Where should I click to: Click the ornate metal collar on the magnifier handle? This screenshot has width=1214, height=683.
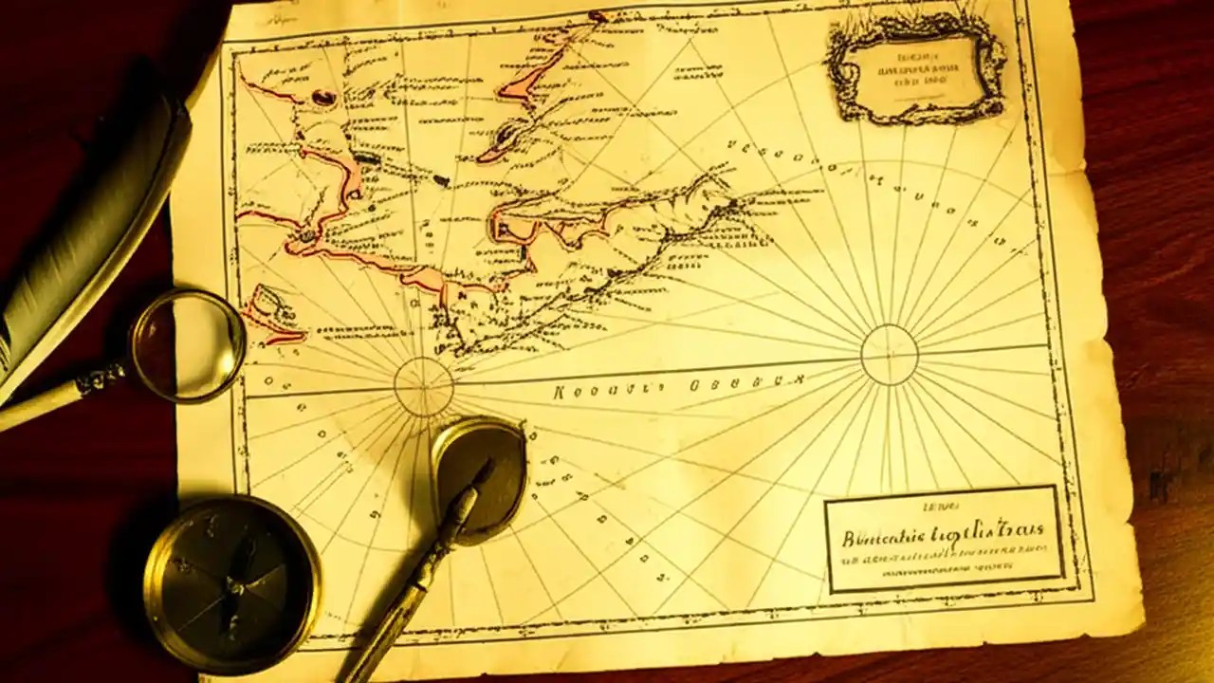coord(101,379)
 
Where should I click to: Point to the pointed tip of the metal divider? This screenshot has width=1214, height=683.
coord(489,465)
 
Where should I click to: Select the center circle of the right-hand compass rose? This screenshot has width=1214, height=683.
coord(889,355)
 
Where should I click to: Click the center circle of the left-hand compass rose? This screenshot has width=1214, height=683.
coord(423,386)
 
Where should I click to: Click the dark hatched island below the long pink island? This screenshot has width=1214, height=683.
coord(507,138)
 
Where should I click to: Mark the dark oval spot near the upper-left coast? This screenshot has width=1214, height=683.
coord(323,96)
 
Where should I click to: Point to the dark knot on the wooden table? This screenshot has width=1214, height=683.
coord(1159,484)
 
